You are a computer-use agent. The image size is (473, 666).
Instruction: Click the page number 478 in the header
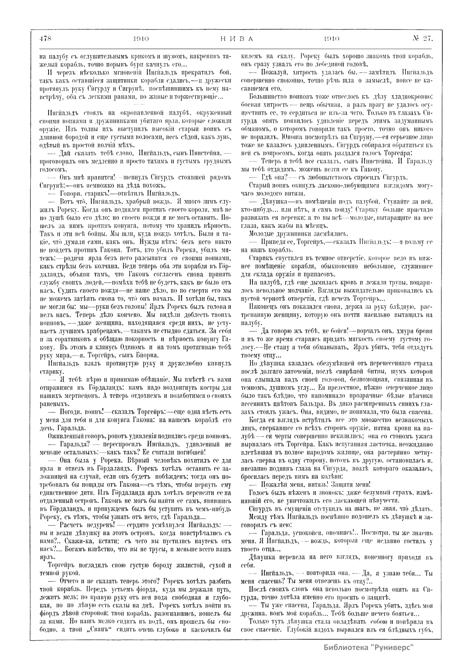pyautogui.click(x=46, y=39)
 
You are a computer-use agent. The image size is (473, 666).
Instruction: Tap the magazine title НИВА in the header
pyautogui.click(x=236, y=39)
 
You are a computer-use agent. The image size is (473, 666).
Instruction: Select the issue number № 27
pyautogui.click(x=423, y=39)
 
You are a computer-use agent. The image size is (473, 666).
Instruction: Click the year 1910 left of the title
pyautogui.click(x=140, y=39)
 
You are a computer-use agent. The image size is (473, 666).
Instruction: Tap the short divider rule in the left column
pyautogui.click(x=135, y=103)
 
